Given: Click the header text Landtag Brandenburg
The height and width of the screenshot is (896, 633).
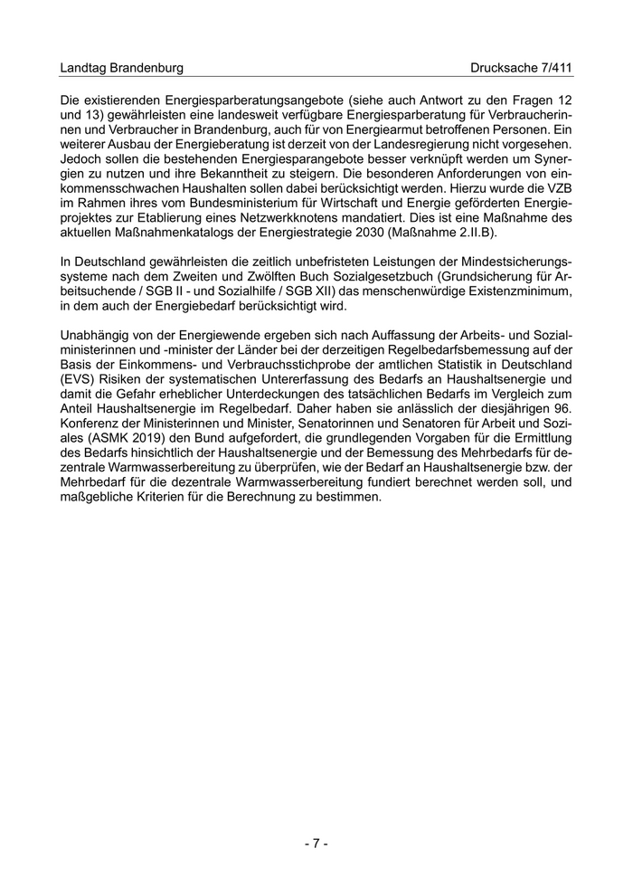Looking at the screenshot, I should pyautogui.click(x=121, y=68).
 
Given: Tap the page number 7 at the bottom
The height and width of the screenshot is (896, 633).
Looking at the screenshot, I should pyautogui.click(x=316, y=844).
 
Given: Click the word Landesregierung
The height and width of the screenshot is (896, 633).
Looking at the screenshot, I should pyautogui.click(x=449, y=145).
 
